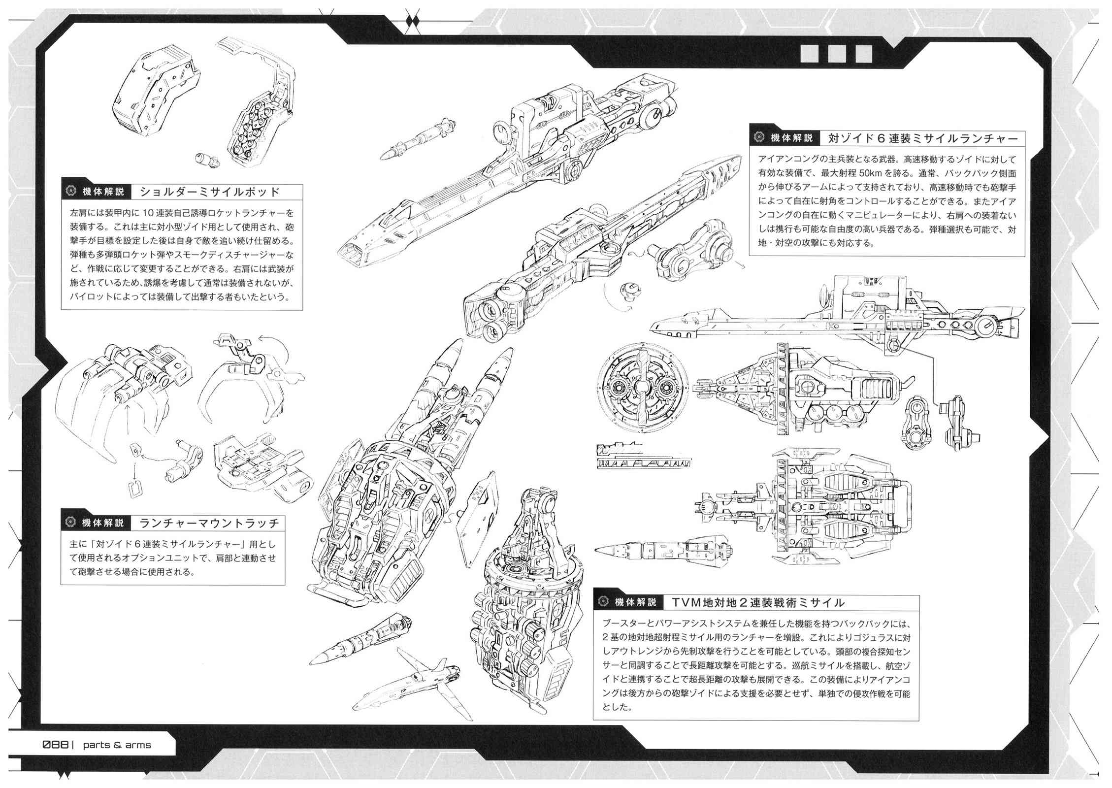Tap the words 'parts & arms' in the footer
[x=117, y=745]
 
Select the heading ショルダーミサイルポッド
[x=210, y=192]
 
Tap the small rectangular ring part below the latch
[x=134, y=488]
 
